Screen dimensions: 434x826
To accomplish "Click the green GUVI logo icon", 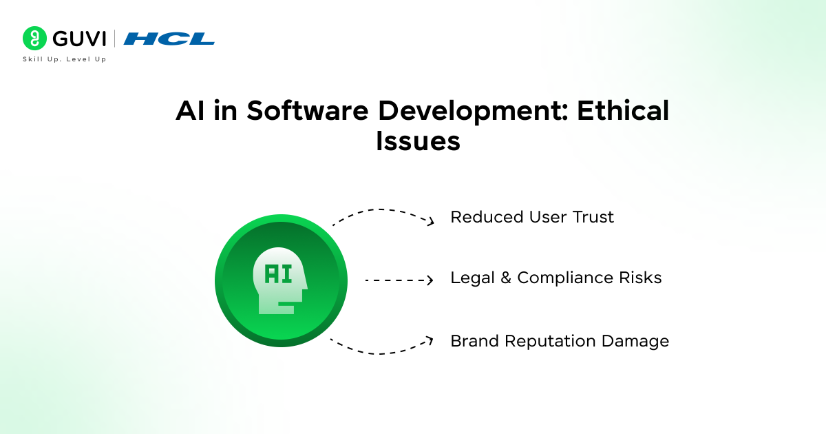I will click(34, 38).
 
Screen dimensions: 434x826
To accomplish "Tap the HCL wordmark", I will click(169, 39).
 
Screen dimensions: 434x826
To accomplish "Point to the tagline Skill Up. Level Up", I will click(64, 59).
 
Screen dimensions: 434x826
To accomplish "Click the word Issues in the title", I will click(418, 141).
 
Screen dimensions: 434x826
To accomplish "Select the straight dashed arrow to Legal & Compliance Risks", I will click(399, 280).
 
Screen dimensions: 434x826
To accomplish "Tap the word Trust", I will click(593, 218).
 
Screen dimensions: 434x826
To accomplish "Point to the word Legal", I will click(472, 278).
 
